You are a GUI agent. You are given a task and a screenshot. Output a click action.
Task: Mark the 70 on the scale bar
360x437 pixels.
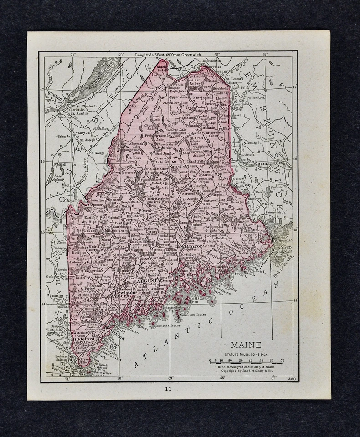click(282, 360)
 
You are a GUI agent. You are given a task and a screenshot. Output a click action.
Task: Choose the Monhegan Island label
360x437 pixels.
click(170, 325)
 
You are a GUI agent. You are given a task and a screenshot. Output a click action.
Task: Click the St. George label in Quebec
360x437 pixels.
click(96, 153)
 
